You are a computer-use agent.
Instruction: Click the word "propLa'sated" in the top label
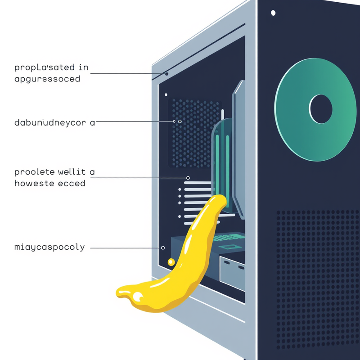point(45,68)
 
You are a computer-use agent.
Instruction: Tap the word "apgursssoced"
point(47,79)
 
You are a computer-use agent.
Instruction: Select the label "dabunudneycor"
point(50,122)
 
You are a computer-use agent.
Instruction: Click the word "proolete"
point(35,172)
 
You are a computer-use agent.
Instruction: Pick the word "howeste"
point(35,183)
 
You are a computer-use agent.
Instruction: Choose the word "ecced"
point(72,184)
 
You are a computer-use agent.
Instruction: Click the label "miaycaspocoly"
point(49,247)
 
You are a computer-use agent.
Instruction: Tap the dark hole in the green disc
point(320,109)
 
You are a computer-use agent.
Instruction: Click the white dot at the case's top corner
point(273,13)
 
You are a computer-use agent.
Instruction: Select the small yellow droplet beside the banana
point(171,262)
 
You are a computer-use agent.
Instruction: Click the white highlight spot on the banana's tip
point(137,297)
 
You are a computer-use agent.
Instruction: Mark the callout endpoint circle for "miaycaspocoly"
point(163,248)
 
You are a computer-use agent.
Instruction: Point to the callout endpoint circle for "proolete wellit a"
point(188,178)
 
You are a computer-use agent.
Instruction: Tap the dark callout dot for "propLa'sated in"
point(166,74)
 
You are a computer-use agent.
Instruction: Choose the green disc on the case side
point(315,109)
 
